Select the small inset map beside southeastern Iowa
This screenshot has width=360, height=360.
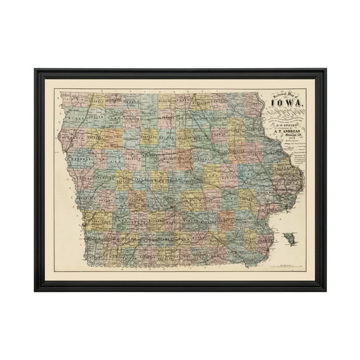(288, 239)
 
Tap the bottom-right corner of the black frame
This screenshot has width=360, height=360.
(326, 291)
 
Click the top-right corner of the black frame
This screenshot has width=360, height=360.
(326, 69)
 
